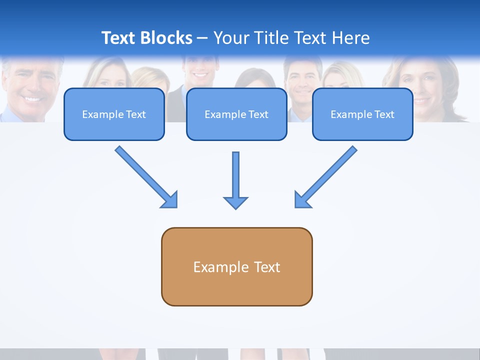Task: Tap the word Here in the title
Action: coord(351,38)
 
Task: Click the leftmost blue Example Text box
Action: coord(114,114)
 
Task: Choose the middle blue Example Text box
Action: coord(236,114)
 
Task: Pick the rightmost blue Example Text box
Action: coord(362,114)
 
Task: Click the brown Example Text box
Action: coord(236,266)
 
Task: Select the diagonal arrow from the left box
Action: coord(145,176)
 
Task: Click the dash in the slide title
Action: coord(202,38)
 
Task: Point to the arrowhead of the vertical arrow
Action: coord(235,202)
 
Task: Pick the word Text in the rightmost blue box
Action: coord(384,114)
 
